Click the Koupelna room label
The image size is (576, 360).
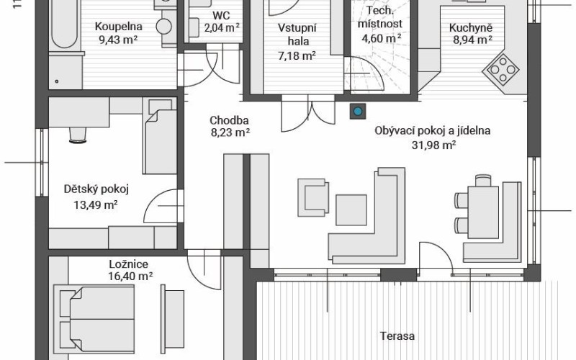click(118, 27)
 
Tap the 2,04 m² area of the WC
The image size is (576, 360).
click(222, 28)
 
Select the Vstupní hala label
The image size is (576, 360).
click(297, 35)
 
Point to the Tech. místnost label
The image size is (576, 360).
click(380, 17)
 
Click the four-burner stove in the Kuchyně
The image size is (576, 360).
click(501, 69)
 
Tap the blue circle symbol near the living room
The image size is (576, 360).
click(357, 111)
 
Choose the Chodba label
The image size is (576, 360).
click(229, 120)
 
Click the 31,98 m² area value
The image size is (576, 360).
click(434, 145)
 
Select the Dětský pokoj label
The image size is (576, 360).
click(96, 189)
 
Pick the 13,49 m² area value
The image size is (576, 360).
click(96, 204)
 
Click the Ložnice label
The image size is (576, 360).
click(129, 264)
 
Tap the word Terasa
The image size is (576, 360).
click(397, 336)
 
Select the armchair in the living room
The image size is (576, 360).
click(313, 197)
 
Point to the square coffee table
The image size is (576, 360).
click(351, 210)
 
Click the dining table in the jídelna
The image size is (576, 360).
click(483, 212)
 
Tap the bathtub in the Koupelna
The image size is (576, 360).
click(65, 24)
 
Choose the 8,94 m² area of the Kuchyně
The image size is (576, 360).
click(472, 40)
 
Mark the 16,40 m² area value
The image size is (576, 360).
click(131, 276)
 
